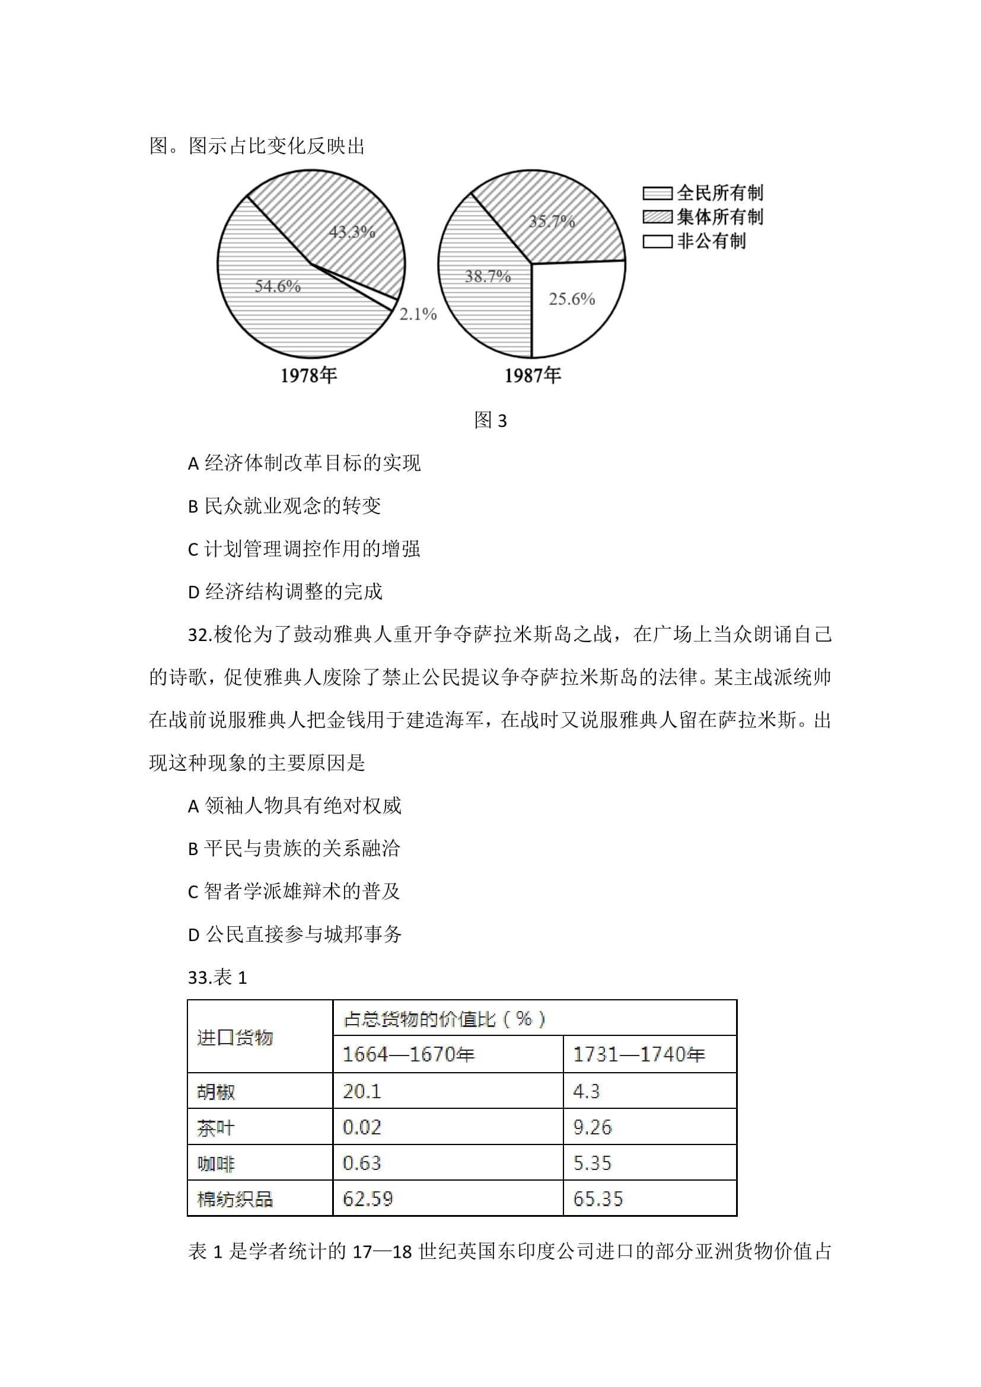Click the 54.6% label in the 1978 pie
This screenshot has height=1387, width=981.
pyautogui.click(x=277, y=286)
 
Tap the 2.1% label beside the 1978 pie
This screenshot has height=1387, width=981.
pyautogui.click(x=418, y=314)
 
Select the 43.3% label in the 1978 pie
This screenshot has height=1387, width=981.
pyautogui.click(x=352, y=232)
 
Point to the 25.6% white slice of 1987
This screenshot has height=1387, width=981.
pyautogui.click(x=571, y=299)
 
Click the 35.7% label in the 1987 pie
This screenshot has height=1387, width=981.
pyautogui.click(x=552, y=221)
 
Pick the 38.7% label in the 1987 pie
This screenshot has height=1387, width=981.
pyautogui.click(x=488, y=277)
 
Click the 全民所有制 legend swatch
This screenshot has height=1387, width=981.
pyautogui.click(x=657, y=193)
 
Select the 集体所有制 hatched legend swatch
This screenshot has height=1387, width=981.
pyautogui.click(x=657, y=217)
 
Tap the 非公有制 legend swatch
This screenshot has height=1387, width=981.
pyautogui.click(x=657, y=241)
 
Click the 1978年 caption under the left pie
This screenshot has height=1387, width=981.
pyautogui.click(x=308, y=376)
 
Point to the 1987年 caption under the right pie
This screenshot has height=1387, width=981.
pyautogui.click(x=533, y=376)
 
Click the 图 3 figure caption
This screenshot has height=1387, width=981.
pyautogui.click(x=490, y=420)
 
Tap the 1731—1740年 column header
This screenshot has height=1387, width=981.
pyautogui.click(x=639, y=1055)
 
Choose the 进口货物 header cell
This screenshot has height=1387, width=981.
pyautogui.click(x=235, y=1038)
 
